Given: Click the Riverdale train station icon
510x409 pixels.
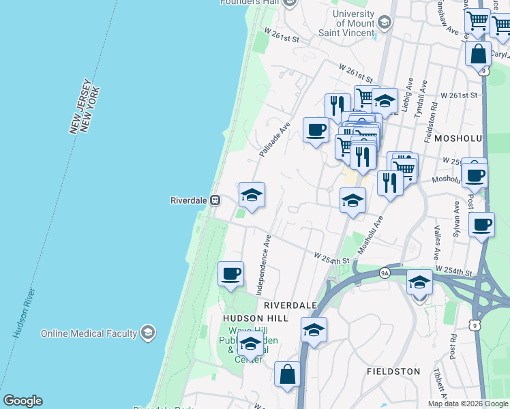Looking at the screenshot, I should (x=215, y=200).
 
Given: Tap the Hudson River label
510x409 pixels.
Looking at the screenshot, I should (x=24, y=314).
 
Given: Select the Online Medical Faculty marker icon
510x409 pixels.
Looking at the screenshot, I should (x=147, y=333).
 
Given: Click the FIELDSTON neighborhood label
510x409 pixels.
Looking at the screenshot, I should (x=393, y=372).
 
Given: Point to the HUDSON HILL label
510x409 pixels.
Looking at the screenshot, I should (x=249, y=318).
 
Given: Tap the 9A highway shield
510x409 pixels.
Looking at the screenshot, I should (x=385, y=273).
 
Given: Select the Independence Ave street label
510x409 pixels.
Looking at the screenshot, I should (x=264, y=264).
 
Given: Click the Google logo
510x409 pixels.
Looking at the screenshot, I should (x=22, y=401).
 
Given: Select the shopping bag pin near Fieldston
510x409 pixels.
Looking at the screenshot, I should (x=287, y=374).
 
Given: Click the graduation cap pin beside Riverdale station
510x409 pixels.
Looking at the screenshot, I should (x=252, y=195).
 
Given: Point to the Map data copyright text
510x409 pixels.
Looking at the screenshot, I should (x=467, y=403).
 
